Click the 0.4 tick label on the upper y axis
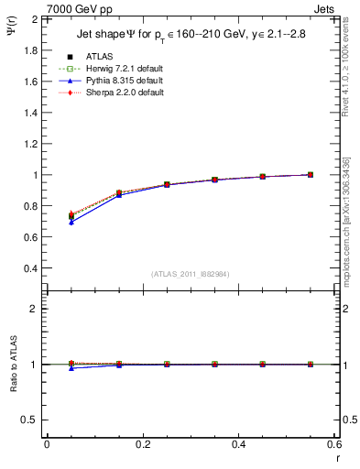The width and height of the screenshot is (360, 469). [30, 268]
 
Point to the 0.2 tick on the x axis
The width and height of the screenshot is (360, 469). [142, 444]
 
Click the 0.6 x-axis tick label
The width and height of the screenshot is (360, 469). [334, 444]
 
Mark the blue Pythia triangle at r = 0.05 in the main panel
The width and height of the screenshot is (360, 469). [71, 223]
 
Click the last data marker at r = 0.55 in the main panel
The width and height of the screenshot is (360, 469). [311, 174]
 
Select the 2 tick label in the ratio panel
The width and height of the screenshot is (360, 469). [34, 309]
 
